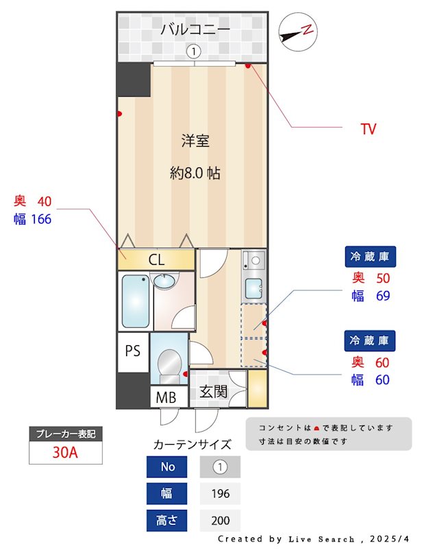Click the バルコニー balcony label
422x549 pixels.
click(x=195, y=30)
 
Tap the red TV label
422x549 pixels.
click(x=369, y=129)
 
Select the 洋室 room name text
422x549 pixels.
click(x=195, y=141)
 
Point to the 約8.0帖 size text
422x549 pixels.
click(x=195, y=174)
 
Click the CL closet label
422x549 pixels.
click(x=156, y=259)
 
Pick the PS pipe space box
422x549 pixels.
click(x=133, y=351)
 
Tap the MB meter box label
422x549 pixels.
click(x=166, y=397)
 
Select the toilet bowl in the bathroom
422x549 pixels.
click(x=169, y=362)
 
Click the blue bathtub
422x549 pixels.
click(x=134, y=301)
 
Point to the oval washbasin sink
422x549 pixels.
click(x=164, y=281)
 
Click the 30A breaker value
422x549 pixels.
click(x=66, y=453)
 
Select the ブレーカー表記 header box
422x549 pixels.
click(x=66, y=434)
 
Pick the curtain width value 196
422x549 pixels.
click(x=221, y=493)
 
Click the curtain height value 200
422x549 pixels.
click(x=221, y=520)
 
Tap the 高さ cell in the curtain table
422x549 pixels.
click(x=166, y=520)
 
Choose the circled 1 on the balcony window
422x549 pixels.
click(x=194, y=51)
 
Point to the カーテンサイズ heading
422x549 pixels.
click(x=193, y=444)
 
